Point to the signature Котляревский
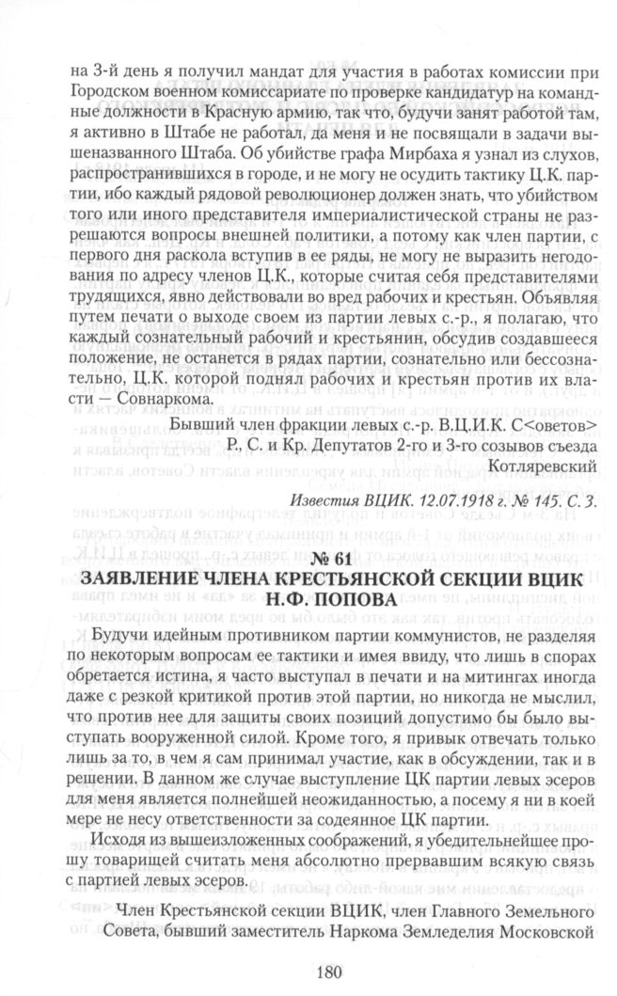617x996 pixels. point(536,465)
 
